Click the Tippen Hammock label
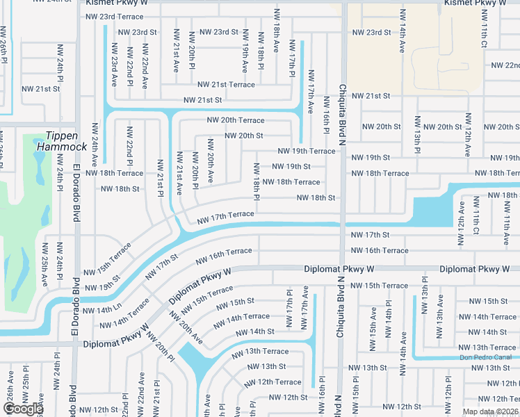[66, 141]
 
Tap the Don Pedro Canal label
[485, 357]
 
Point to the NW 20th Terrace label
[236, 120]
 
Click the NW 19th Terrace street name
[307, 151]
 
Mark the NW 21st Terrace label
[227, 84]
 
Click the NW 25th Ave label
[44, 265]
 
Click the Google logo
[23, 409]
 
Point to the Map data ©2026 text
[490, 411]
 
